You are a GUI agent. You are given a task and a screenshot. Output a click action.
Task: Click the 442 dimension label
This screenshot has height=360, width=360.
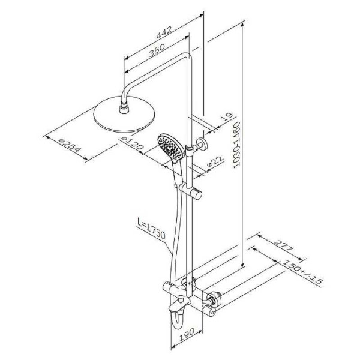coord(164,32)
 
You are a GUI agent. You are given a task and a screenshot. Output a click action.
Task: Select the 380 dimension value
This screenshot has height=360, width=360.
coord(157,50)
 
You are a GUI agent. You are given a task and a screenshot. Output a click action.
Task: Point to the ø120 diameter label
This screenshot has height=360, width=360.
coord(132,143)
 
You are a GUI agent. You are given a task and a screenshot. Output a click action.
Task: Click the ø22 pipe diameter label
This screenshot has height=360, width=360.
coord(215,161)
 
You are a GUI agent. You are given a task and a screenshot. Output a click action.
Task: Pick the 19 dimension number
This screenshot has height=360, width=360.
coord(226,118)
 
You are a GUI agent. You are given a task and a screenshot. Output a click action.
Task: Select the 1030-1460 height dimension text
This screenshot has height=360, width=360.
coord(236,145)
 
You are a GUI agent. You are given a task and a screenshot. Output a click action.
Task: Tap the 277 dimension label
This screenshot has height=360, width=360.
coord(284,245)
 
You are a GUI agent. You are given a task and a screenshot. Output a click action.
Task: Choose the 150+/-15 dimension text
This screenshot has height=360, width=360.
coord(302,273)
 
